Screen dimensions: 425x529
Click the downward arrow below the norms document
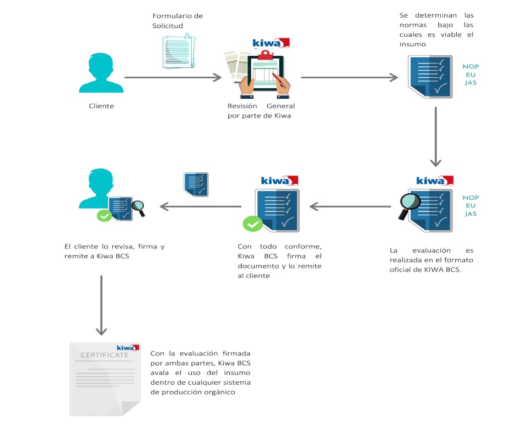coord(435,136)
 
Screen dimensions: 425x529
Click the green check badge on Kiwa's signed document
coord(253,223)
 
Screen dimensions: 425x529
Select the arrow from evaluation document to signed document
coord(350,206)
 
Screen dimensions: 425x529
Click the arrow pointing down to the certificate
coord(101,305)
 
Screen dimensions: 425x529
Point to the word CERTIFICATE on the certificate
coord(105,355)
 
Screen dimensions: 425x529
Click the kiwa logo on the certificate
coord(128,348)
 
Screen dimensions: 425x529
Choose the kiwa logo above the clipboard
coord(271,43)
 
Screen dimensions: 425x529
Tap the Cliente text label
coord(101,106)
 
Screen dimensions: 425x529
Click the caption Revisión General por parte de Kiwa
coord(261,111)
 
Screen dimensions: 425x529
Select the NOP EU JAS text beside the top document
coord(471,75)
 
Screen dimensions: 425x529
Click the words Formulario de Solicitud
coord(177,21)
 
